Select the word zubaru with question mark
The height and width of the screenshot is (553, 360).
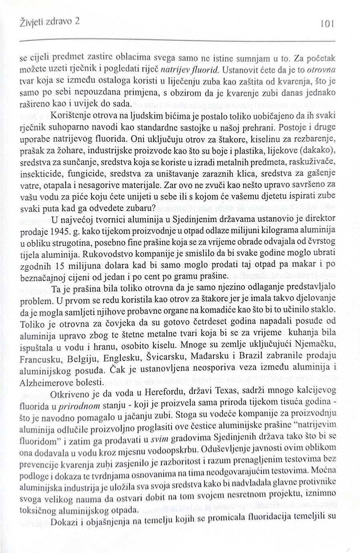tap(137, 208)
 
